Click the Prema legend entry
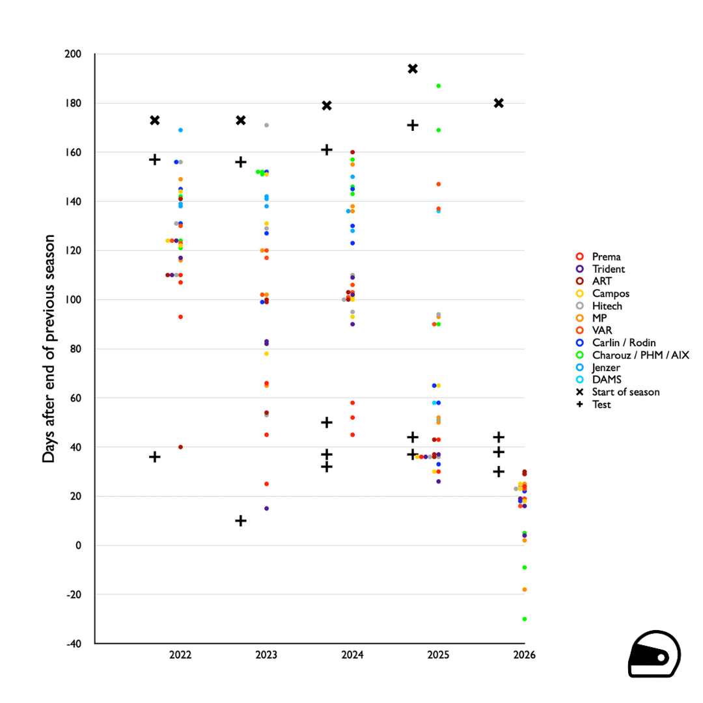click(x=606, y=256)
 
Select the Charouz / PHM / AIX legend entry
click(x=640, y=355)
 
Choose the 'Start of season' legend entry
click(x=626, y=392)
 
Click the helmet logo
click(x=654, y=655)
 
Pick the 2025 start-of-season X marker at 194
click(x=413, y=68)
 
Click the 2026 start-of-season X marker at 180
click(x=499, y=103)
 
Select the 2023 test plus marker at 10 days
click(x=241, y=521)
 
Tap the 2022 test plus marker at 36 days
click(x=155, y=457)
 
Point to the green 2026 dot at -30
click(x=524, y=619)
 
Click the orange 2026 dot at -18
click(x=524, y=590)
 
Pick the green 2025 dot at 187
click(x=439, y=86)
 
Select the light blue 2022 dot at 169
click(x=180, y=130)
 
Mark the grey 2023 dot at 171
click(x=266, y=125)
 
